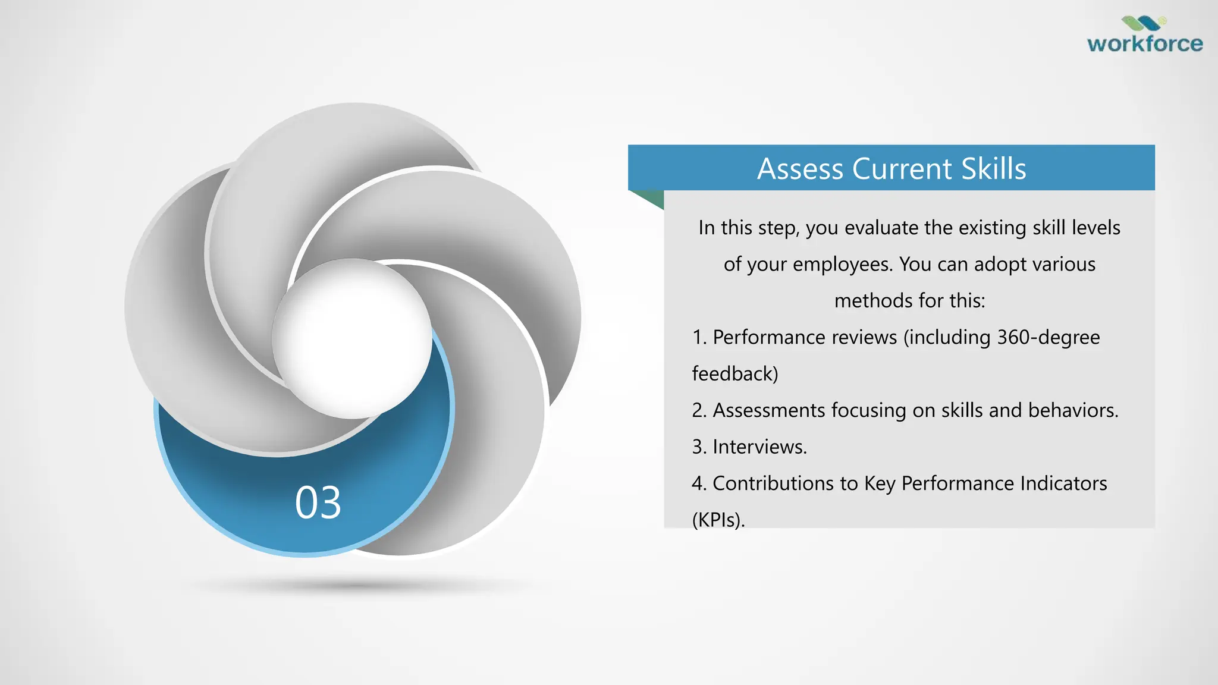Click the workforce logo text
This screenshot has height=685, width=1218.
click(x=1144, y=44)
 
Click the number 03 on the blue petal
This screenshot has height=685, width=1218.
click(x=318, y=503)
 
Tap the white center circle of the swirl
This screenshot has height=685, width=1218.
click(x=351, y=338)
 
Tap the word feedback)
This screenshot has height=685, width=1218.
click(x=735, y=373)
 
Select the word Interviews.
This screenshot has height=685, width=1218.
click(x=759, y=447)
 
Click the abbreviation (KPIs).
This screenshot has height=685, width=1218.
click(x=718, y=520)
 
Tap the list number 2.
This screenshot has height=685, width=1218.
click(x=698, y=410)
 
